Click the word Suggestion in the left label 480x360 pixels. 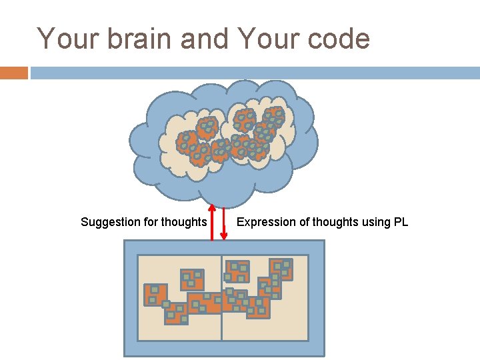[111, 222]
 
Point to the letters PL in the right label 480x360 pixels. [400, 222]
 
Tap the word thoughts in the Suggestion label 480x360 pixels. [184, 222]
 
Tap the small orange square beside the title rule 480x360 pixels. [14, 73]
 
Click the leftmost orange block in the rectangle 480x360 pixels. [155, 295]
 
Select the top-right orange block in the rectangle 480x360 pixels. [281, 269]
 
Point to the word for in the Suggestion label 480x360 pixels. [151, 222]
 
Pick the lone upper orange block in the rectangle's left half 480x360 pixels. [192, 279]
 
